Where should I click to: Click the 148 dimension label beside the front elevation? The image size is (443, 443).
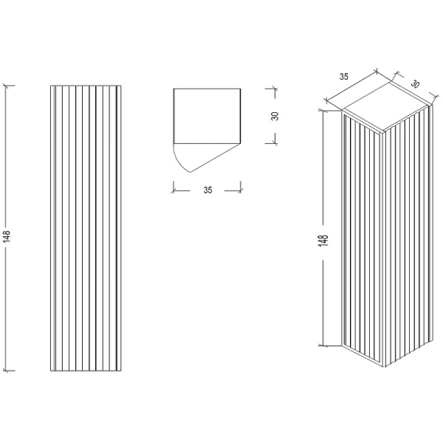[x=6, y=236]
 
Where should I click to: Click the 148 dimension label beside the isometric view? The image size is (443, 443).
[x=323, y=241]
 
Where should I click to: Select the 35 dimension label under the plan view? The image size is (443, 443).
[x=207, y=190]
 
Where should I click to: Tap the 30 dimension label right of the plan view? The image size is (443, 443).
[x=275, y=116]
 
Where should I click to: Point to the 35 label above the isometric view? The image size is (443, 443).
[x=344, y=77]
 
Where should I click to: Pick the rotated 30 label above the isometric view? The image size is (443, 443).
[x=415, y=84]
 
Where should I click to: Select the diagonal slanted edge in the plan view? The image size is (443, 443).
[x=216, y=158]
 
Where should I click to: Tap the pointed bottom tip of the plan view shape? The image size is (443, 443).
[x=190, y=172]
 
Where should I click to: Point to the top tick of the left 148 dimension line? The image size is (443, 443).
[x=7, y=86]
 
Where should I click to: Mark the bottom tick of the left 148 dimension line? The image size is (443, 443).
[x=7, y=371]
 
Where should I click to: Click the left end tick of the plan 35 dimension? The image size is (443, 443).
[x=174, y=190]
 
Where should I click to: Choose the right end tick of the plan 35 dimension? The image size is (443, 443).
[x=241, y=190]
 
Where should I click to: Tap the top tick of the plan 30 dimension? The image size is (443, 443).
[x=273, y=89]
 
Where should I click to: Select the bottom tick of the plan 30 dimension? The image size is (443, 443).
[x=273, y=143]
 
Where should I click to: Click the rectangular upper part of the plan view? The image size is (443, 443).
[x=207, y=116]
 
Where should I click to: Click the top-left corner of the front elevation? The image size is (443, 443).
[x=50, y=86]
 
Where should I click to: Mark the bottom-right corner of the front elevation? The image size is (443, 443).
[x=121, y=371]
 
